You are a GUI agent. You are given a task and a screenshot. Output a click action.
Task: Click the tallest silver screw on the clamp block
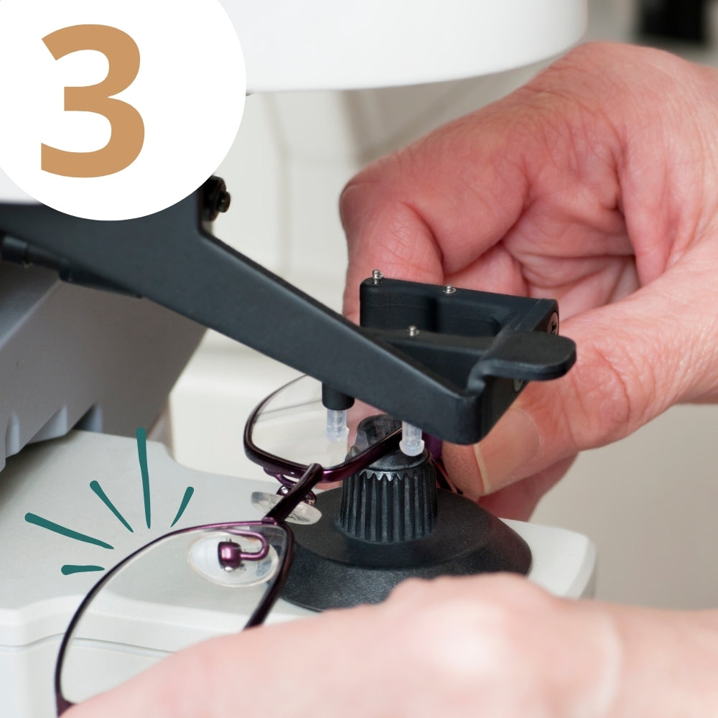point(377,276)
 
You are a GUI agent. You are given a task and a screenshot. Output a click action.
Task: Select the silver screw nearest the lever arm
point(413,330)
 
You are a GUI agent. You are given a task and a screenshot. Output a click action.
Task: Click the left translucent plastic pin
point(337,424)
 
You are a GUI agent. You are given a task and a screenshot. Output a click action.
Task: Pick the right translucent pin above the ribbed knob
point(411,439)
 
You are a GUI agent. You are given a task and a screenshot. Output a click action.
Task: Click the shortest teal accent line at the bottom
point(83,569)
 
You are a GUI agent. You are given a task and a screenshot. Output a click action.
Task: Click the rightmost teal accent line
point(182,506)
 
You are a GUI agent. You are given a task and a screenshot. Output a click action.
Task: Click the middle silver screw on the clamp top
point(448,289)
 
